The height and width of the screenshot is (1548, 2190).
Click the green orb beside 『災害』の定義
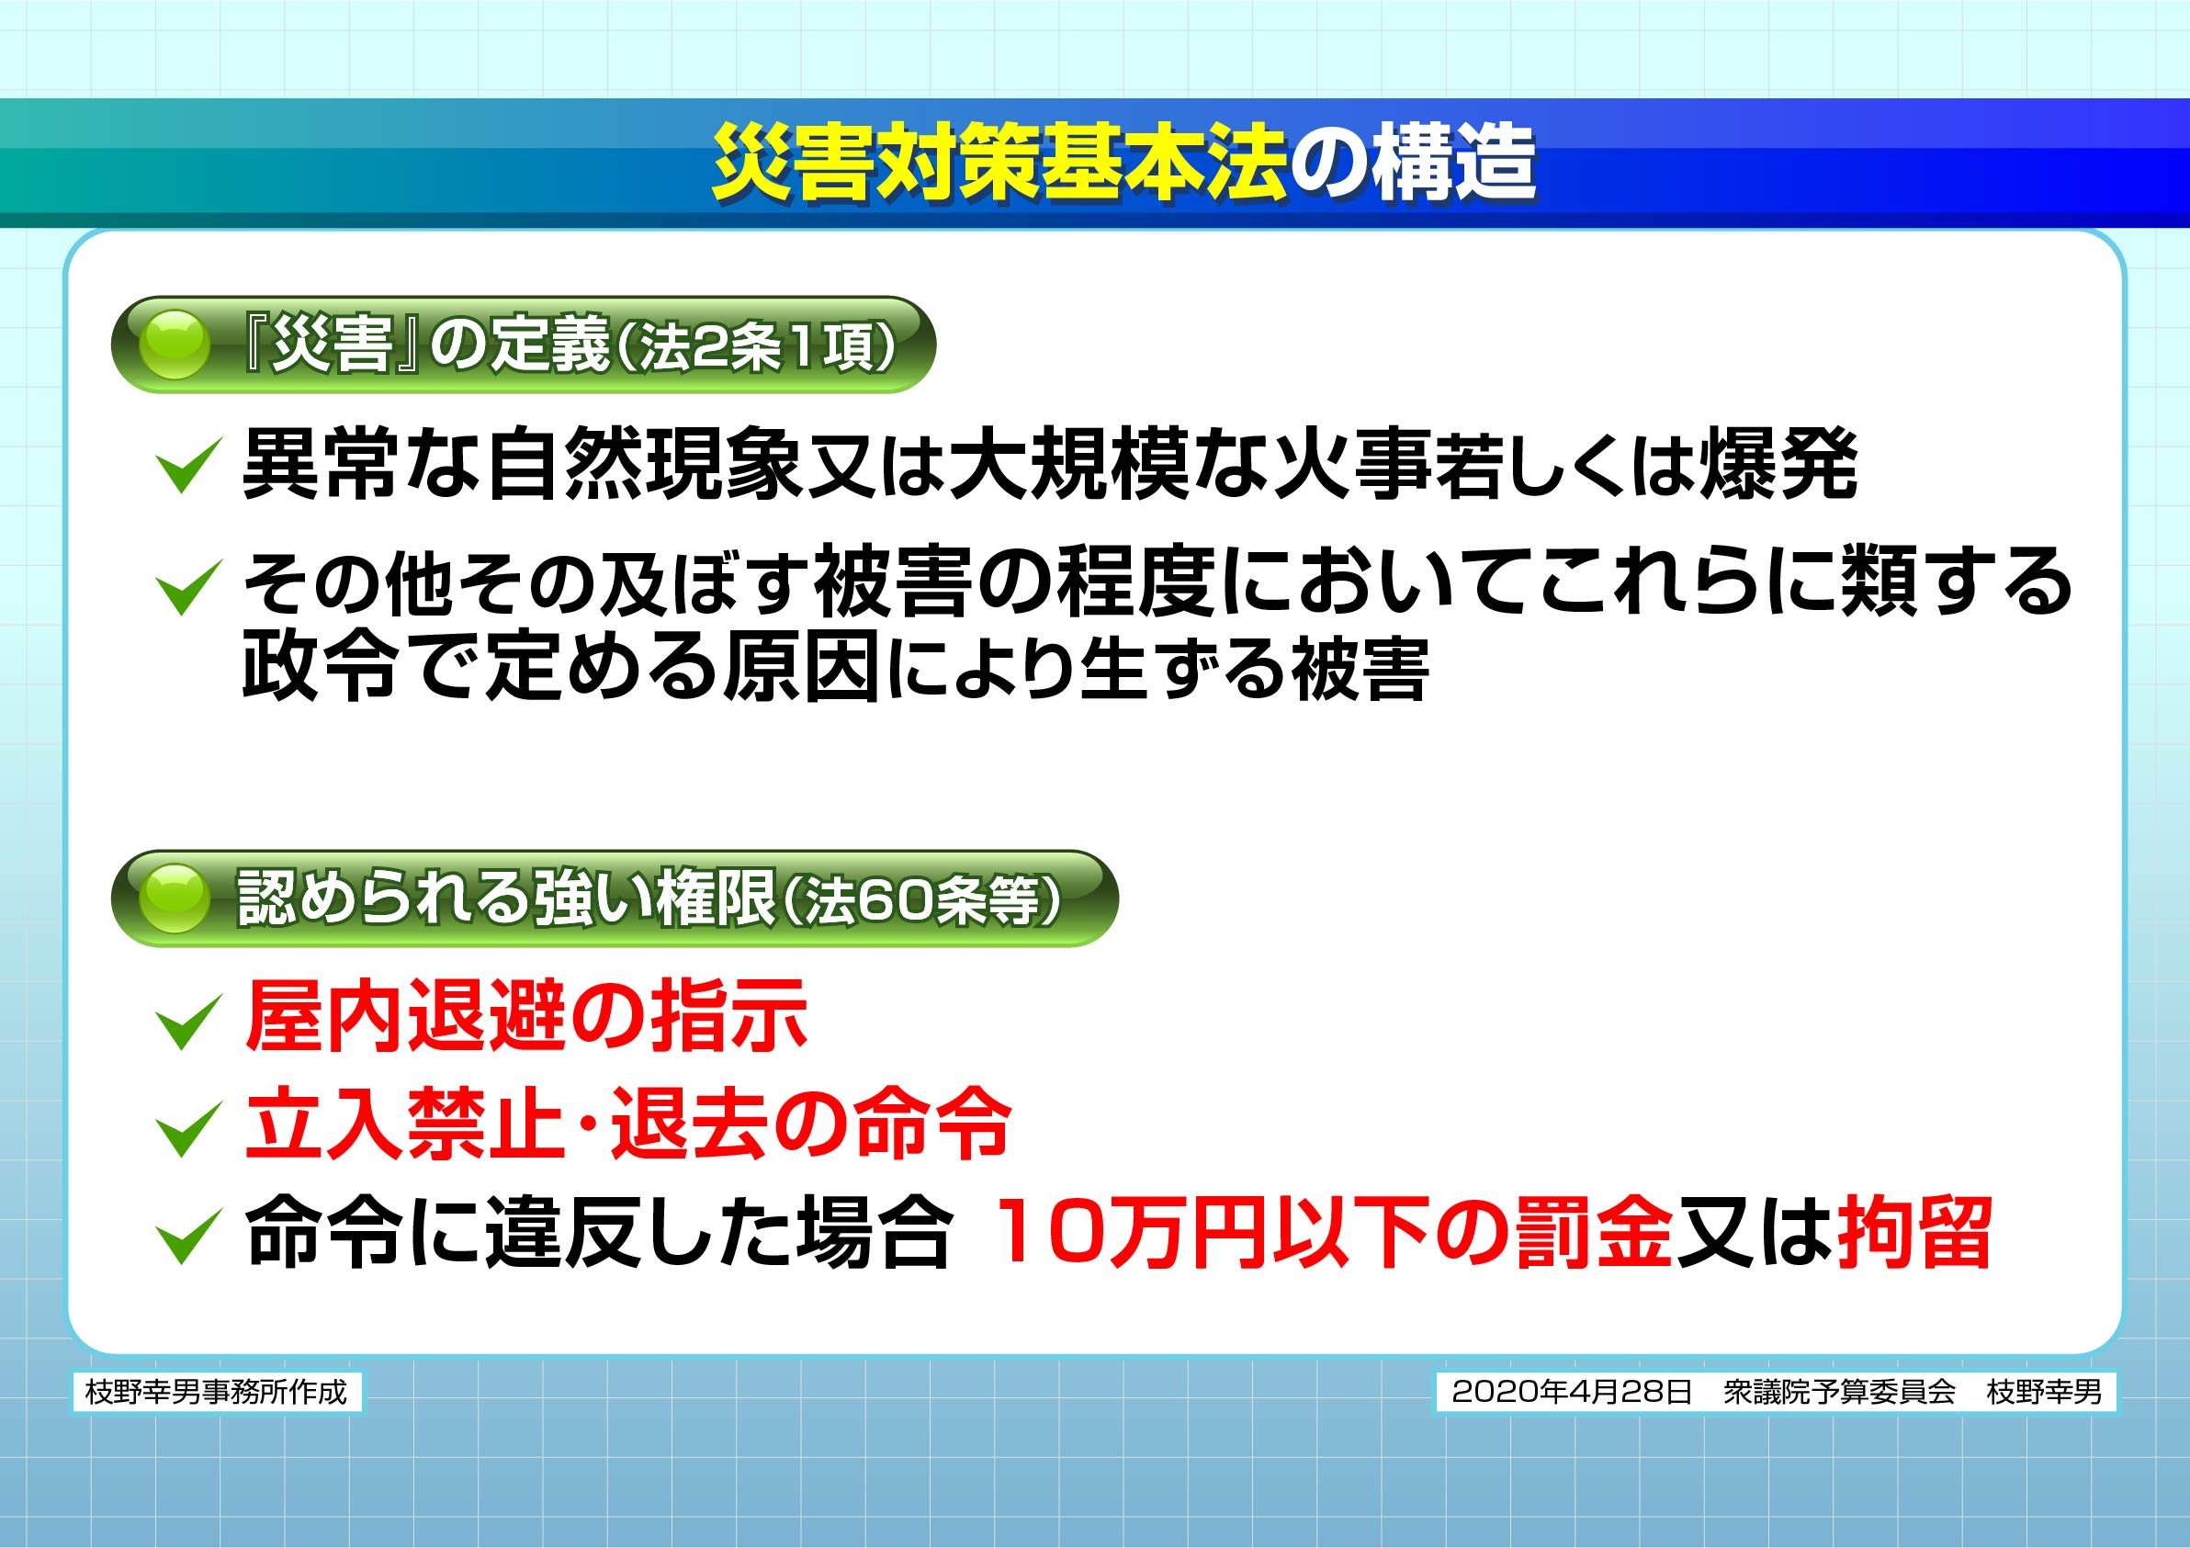click(x=174, y=345)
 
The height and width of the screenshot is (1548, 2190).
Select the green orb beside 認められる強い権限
click(x=174, y=898)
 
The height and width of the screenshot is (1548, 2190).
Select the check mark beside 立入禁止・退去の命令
click(x=188, y=1129)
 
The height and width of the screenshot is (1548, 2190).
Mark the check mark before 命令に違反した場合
click(x=188, y=1237)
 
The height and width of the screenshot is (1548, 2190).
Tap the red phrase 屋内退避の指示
click(x=525, y=1017)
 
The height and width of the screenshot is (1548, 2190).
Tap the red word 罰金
click(x=1594, y=1232)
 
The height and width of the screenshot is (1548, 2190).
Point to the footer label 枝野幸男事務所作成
click(x=217, y=1393)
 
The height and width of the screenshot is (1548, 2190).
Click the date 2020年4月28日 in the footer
click(x=1571, y=1393)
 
